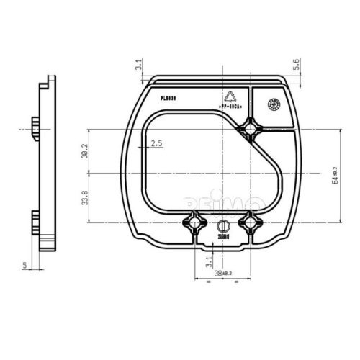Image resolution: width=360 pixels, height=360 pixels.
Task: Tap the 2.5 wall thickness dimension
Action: (x=157, y=144)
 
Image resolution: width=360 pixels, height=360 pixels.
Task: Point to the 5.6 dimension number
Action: (x=297, y=65)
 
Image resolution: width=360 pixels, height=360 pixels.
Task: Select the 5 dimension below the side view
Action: (x=24, y=266)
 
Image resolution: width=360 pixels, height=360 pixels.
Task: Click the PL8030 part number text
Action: (x=171, y=94)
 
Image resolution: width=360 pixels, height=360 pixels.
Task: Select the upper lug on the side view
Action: (x=36, y=128)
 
